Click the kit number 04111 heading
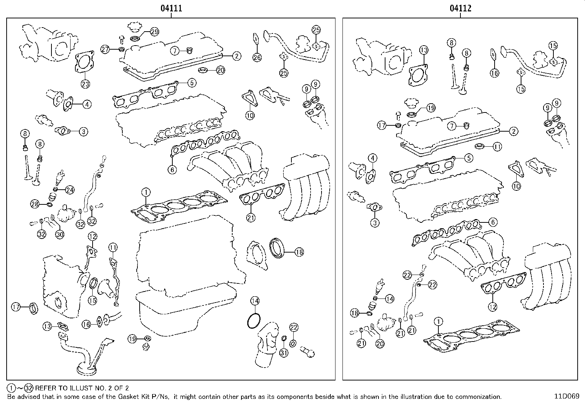point(171,8)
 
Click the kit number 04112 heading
point(460,8)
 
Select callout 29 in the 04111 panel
point(154,32)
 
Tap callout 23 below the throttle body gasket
point(85,84)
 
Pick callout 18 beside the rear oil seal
point(299,252)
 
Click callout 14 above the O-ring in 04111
point(255,301)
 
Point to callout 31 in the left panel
point(284,353)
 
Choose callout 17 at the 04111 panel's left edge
point(15,307)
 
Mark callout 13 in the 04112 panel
point(424,50)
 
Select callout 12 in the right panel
point(492,306)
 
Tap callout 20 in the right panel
point(380,343)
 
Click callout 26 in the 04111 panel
point(257,57)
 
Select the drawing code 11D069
point(567,397)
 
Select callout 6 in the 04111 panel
point(172,169)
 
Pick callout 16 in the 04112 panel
point(495,73)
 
